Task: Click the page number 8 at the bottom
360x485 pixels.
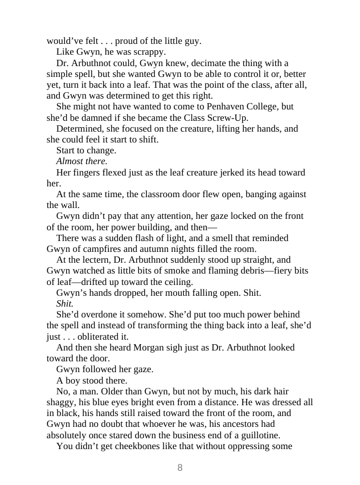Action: [180, 468]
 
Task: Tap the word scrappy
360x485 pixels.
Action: [150, 52]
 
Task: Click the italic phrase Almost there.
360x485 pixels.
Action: [81, 161]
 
